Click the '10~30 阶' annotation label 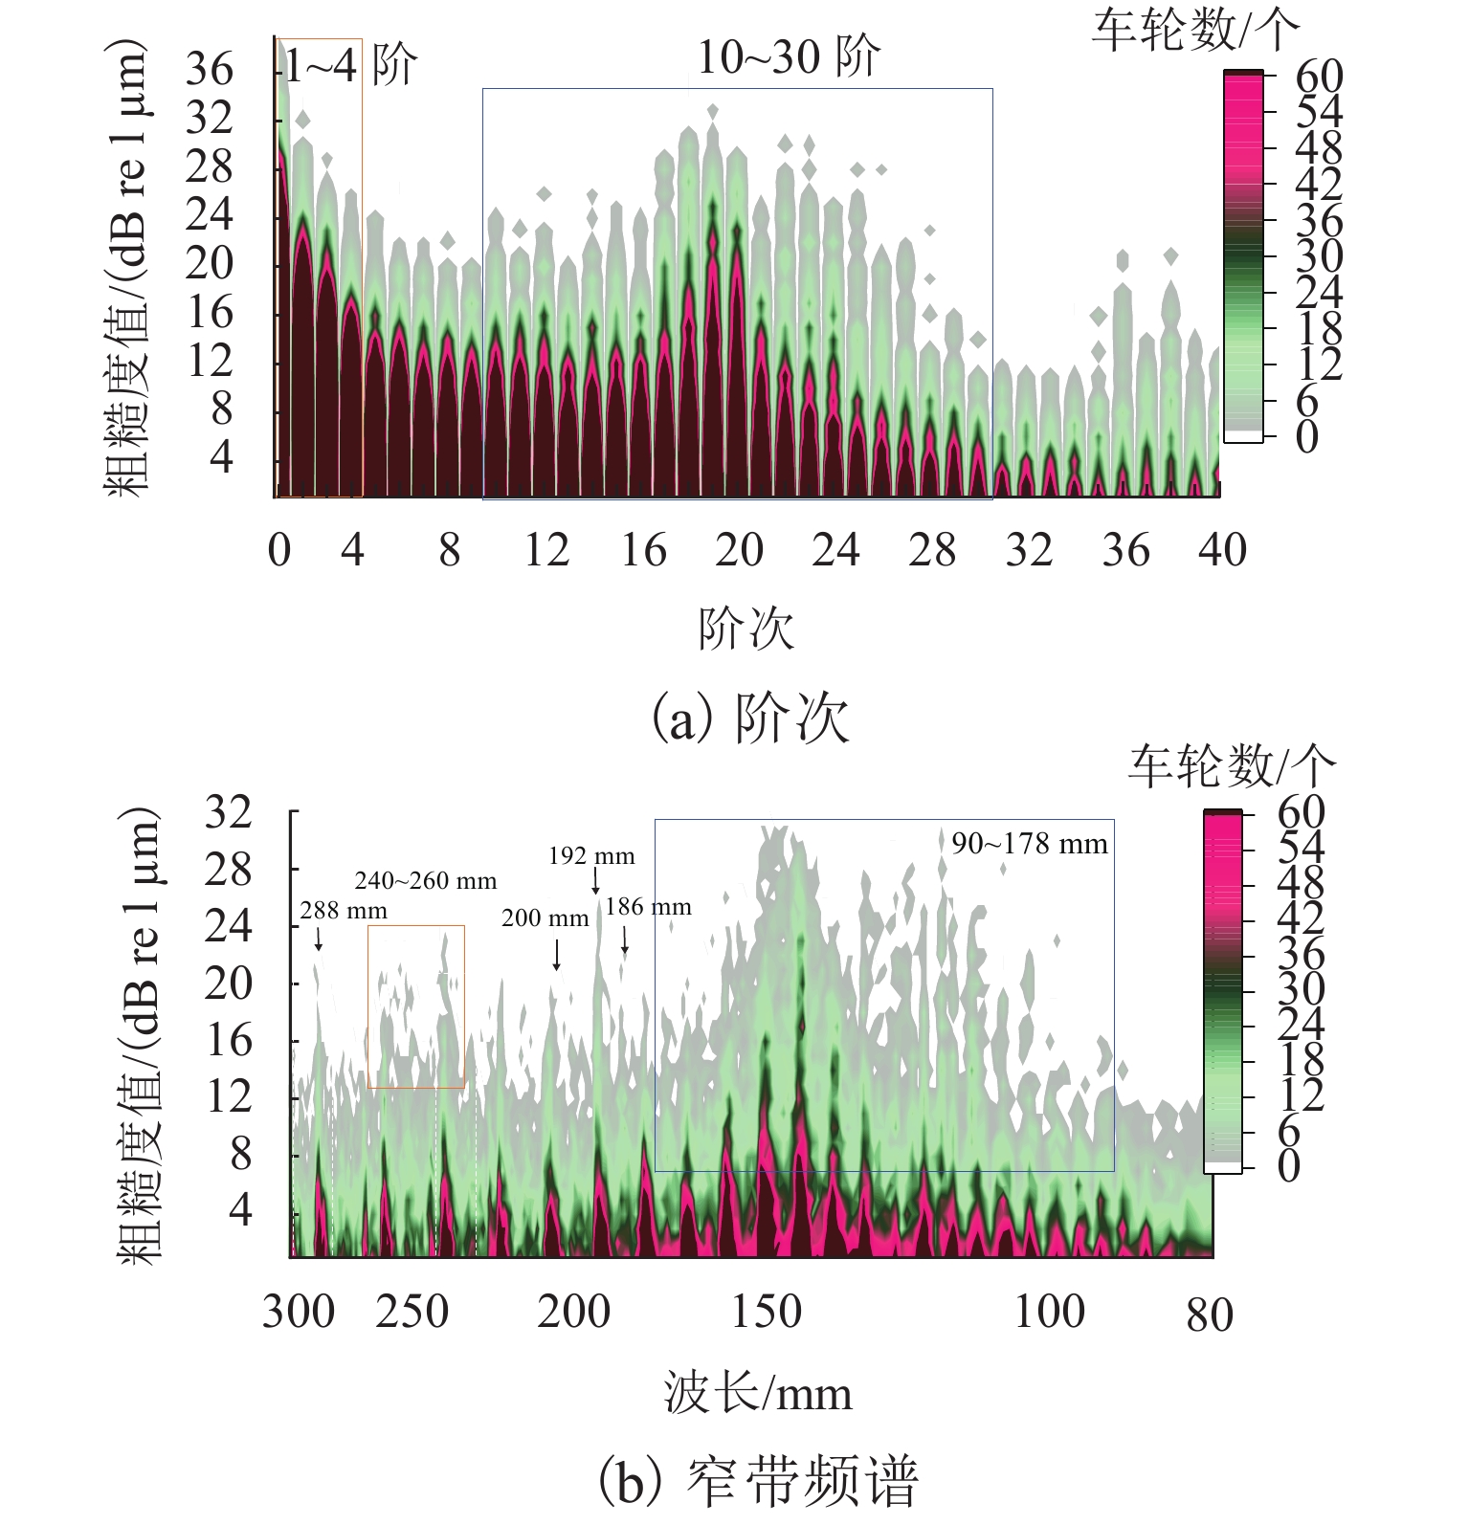pos(788,57)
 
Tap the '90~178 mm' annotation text pos(1029,844)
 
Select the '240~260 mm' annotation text pos(426,880)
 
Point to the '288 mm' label pos(344,910)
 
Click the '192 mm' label pos(591,855)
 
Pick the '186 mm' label pos(648,906)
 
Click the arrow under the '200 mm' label pos(557,955)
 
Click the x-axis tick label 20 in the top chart pos(739,550)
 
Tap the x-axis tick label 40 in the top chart pos(1222,550)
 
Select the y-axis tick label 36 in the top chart pos(209,69)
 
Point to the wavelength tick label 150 pos(766,1312)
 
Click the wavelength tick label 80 pos(1210,1315)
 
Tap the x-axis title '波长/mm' pos(758,1393)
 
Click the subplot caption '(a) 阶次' pos(750,718)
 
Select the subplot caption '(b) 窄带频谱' pos(758,1480)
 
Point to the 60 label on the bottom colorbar pos(1301,812)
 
